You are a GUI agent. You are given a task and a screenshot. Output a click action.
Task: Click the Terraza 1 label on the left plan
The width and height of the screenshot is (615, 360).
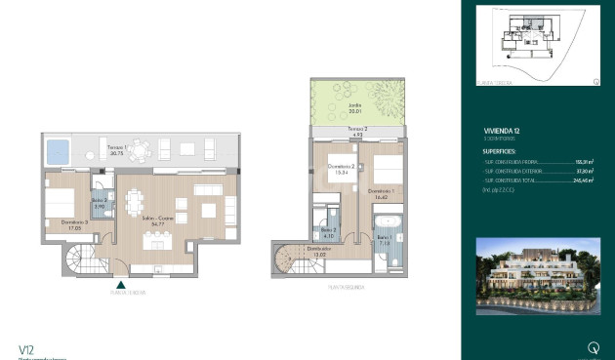(116, 149)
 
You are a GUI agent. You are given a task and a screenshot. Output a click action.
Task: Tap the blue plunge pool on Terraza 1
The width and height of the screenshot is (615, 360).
(58, 150)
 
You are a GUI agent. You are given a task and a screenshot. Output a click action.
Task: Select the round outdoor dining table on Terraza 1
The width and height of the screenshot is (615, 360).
(143, 150)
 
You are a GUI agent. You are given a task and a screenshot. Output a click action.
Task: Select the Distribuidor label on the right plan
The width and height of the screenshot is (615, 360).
(319, 250)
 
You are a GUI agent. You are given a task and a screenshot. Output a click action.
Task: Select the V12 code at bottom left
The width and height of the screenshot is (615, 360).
(26, 348)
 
